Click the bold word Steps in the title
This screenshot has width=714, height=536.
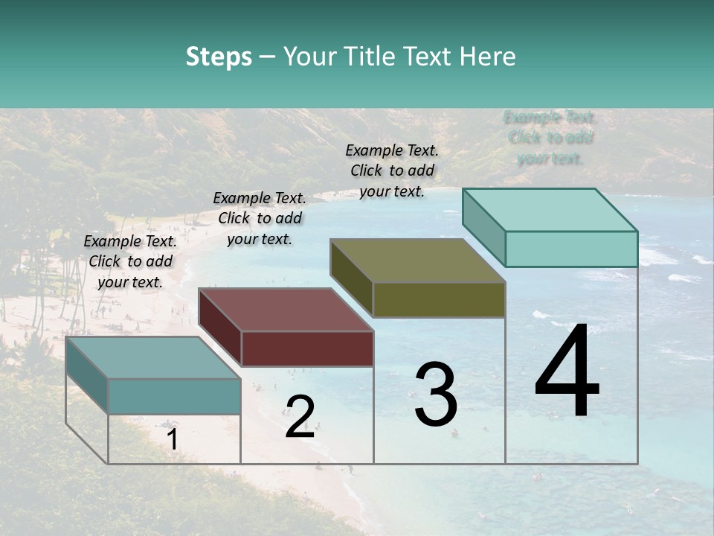click(x=219, y=57)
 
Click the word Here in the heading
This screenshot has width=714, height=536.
click(x=486, y=57)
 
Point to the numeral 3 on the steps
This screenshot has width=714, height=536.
click(x=436, y=395)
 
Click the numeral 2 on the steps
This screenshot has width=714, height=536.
click(x=300, y=417)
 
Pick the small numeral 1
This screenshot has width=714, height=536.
click(x=172, y=439)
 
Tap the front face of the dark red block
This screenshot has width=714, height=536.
click(x=307, y=348)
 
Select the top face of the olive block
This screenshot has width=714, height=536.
click(x=417, y=261)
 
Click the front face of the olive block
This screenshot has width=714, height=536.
click(x=439, y=299)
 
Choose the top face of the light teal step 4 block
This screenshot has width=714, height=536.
click(x=550, y=210)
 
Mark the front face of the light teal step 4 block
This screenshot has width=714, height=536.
click(x=571, y=249)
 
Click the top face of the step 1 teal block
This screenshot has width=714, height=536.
click(x=153, y=357)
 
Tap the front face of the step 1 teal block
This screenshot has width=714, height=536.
click(x=174, y=396)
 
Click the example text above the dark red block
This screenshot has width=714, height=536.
click(x=260, y=218)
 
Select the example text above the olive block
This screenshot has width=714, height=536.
click(x=392, y=170)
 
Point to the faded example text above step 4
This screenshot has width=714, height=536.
click(x=550, y=137)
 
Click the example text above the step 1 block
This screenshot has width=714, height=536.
click(x=130, y=261)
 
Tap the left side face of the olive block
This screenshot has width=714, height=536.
click(x=351, y=278)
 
